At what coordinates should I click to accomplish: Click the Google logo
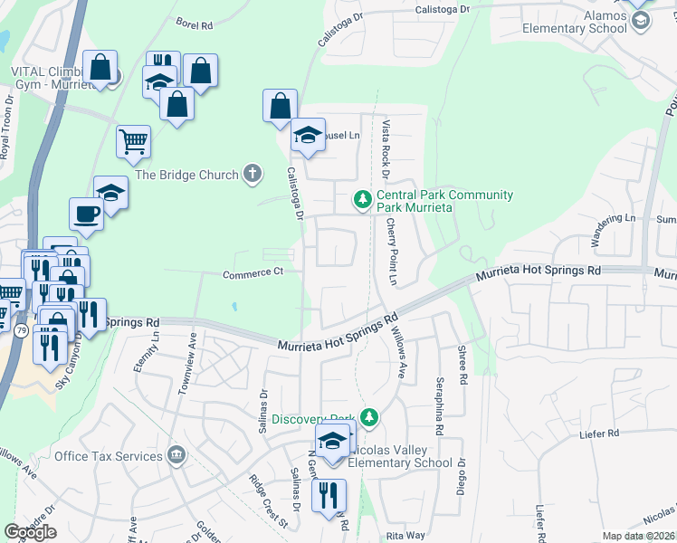[31, 532]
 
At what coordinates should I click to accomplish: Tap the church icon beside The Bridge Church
[253, 174]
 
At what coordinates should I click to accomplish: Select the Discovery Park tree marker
[368, 417]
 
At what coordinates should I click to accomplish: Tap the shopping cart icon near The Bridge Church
[133, 141]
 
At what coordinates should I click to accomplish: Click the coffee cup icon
[86, 214]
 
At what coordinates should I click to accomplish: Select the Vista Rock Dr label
[386, 147]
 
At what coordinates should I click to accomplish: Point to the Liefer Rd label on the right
[598, 435]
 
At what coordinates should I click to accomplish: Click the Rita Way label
[399, 536]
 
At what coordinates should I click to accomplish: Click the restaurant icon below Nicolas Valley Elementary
[328, 495]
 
